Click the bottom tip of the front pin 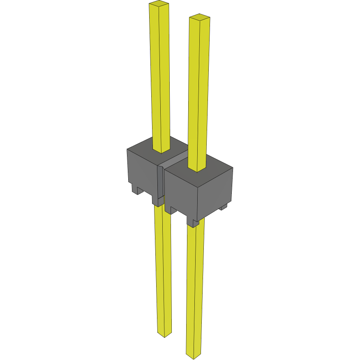point(193,354)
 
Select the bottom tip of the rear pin point(164,335)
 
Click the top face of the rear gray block point(144,146)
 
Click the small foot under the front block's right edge point(223,208)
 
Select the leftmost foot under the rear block point(136,189)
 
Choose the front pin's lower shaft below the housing point(195,288)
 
